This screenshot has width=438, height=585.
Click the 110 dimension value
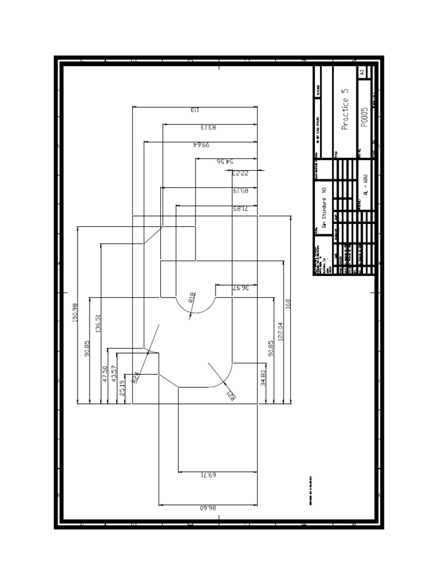[x=194, y=110]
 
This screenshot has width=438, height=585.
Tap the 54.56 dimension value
[x=226, y=162]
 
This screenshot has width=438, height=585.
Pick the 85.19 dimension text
[x=241, y=191]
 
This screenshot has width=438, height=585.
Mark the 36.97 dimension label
[x=241, y=288]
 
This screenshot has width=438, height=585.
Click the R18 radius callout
[x=192, y=296]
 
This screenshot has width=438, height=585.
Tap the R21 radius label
[x=231, y=395]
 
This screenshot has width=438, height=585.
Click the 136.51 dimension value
[x=98, y=324]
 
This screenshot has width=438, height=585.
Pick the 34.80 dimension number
[x=263, y=379]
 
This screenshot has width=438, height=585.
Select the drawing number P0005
[x=364, y=118]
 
